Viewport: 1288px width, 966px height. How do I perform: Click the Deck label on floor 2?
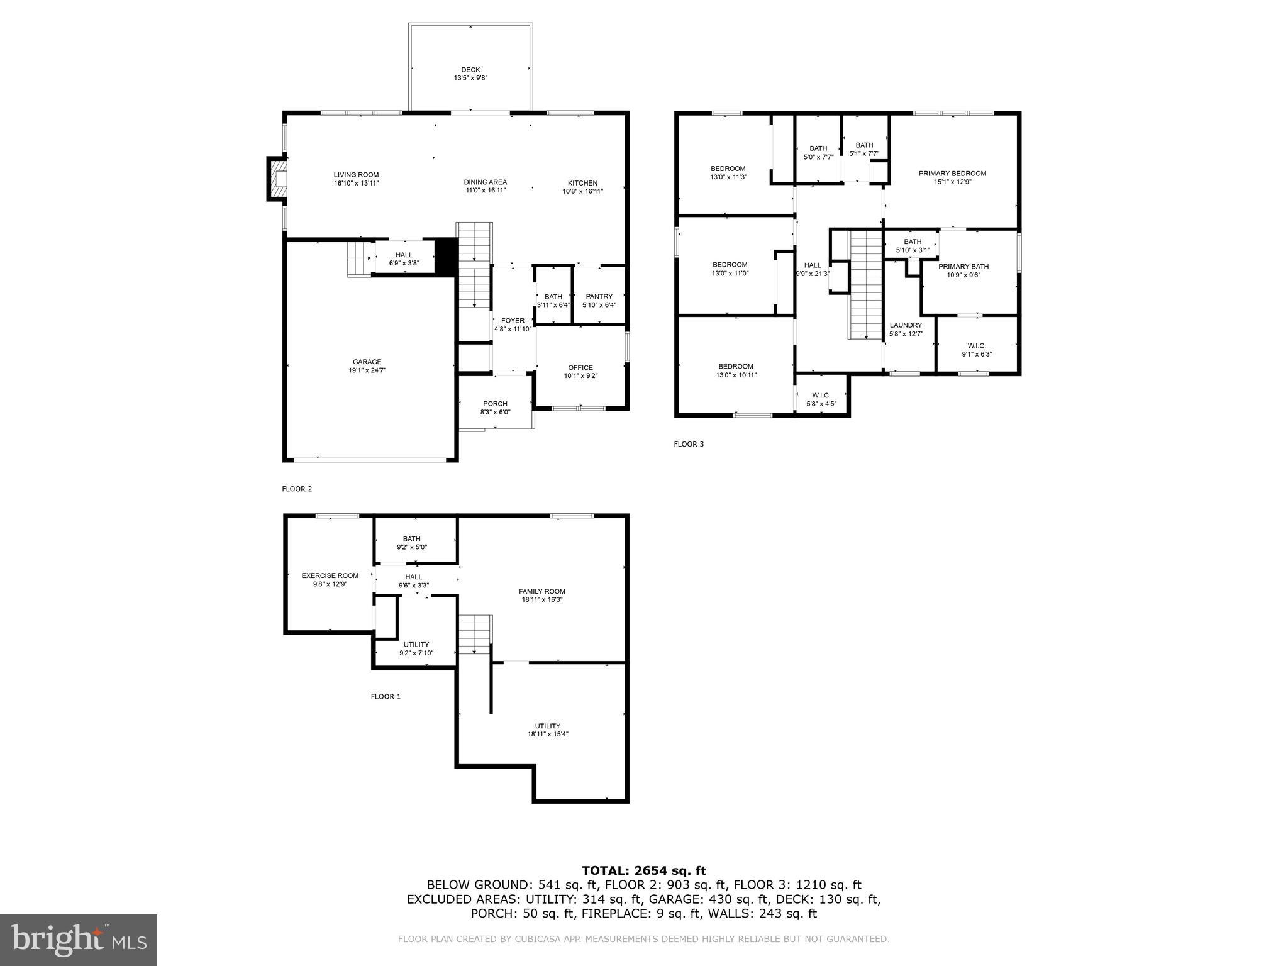pos(470,70)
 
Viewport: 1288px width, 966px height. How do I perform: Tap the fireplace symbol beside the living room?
pos(277,179)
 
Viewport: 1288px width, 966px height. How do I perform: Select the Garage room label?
pos(367,362)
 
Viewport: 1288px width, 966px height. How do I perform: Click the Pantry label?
pos(599,297)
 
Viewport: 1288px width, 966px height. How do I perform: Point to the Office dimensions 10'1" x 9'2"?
pos(580,376)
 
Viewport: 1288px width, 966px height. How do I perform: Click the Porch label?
pos(495,404)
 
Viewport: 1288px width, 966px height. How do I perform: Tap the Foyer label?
pos(513,321)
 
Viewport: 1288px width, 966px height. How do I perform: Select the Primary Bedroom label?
pos(952,174)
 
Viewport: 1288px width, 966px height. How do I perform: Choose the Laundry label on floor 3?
pos(906,326)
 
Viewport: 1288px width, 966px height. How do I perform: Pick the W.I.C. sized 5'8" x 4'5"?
pos(821,399)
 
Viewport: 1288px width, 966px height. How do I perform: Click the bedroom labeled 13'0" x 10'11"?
pos(736,370)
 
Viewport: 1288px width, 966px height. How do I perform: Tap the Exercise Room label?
pos(330,575)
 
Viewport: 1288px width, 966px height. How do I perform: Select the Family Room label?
pos(541,591)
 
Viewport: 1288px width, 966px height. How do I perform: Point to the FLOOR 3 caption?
pos(689,444)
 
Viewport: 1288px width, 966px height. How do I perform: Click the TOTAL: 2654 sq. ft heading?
pos(643,870)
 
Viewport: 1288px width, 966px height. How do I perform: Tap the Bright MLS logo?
pos(79,940)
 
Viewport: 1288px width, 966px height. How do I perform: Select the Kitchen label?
pos(582,183)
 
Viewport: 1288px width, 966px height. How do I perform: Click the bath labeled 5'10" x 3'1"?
pos(913,245)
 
